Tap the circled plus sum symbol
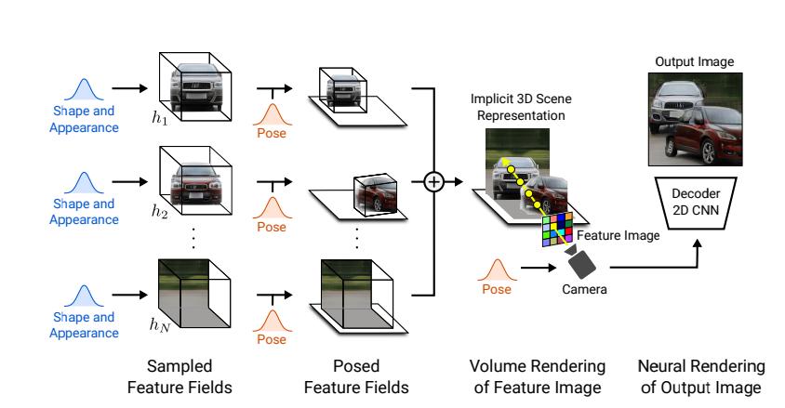pyautogui.click(x=433, y=180)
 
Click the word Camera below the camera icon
pyautogui.click(x=584, y=291)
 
